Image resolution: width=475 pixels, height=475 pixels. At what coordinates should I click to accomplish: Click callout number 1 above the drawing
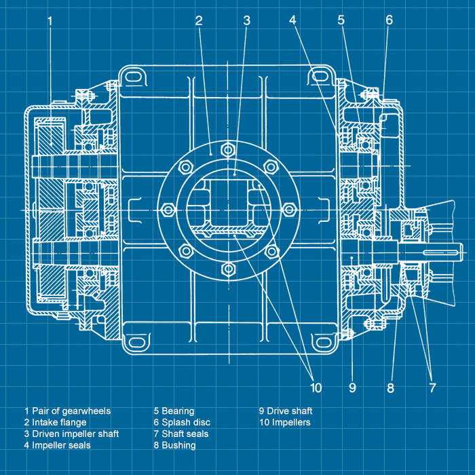(x=50, y=20)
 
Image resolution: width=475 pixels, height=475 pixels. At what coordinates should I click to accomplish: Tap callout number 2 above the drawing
(x=199, y=20)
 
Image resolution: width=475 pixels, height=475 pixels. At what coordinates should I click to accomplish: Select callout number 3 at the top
(x=247, y=20)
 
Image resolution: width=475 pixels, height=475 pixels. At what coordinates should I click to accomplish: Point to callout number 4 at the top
(x=292, y=20)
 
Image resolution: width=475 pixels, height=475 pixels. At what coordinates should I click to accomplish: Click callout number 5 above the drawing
(x=341, y=20)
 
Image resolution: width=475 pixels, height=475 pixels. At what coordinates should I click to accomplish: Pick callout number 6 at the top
(x=389, y=20)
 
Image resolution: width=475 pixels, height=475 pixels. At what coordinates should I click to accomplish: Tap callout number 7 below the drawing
(x=432, y=388)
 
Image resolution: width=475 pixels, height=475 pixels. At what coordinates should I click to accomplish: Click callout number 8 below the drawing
(x=390, y=388)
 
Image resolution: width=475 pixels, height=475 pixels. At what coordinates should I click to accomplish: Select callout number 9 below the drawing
(x=352, y=388)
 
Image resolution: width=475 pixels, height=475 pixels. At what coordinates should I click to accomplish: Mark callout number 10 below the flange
(x=316, y=388)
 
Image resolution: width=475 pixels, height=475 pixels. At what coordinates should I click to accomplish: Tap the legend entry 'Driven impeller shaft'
(x=75, y=434)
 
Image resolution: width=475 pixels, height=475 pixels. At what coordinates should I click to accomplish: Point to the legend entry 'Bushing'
(x=178, y=445)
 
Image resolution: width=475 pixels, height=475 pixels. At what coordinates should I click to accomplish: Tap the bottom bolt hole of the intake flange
(x=229, y=270)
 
